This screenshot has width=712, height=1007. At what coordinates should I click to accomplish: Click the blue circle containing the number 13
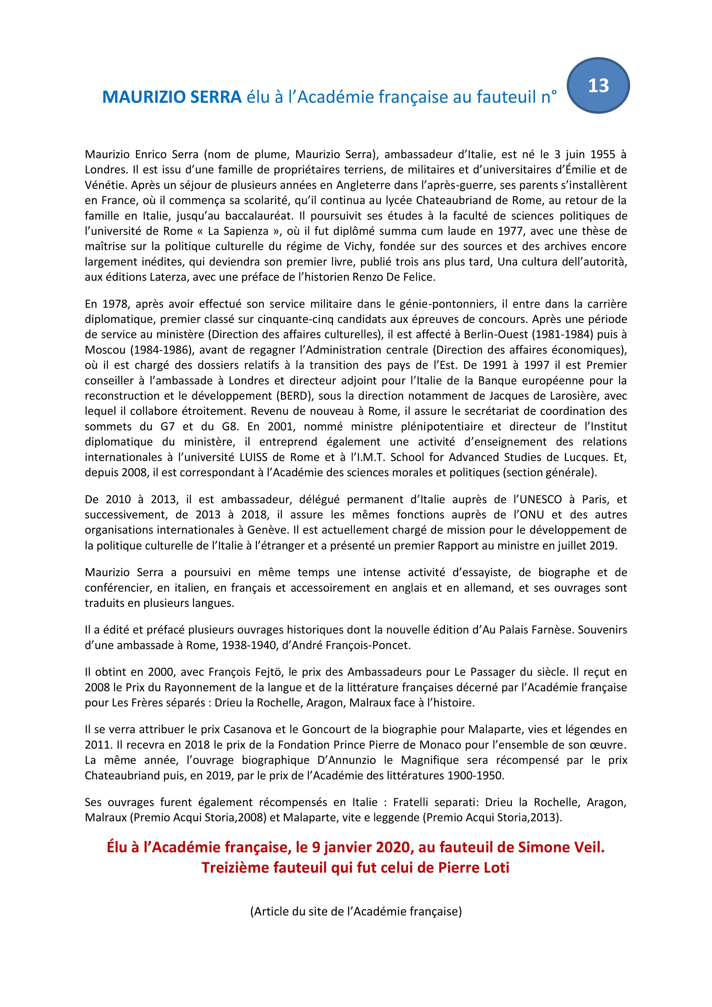click(598, 86)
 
